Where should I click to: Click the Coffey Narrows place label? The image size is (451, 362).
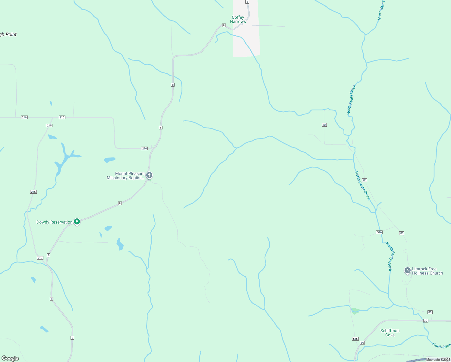pyautogui.click(x=238, y=19)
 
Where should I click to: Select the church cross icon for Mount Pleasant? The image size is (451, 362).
pyautogui.click(x=149, y=175)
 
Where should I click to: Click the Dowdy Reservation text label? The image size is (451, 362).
pyautogui.click(x=54, y=222)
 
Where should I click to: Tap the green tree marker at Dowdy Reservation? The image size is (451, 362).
pyautogui.click(x=77, y=222)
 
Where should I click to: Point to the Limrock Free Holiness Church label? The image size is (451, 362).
pyautogui.click(x=427, y=271)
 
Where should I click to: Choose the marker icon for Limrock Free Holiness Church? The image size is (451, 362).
pyautogui.click(x=408, y=271)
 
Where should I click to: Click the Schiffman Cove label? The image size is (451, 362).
pyautogui.click(x=390, y=333)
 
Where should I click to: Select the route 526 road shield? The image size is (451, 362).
pyautogui.click(x=379, y=232)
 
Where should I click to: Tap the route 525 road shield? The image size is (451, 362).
pyautogui.click(x=355, y=339)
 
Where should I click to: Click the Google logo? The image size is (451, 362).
pyautogui.click(x=10, y=358)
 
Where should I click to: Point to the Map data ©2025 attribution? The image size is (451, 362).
pyautogui.click(x=438, y=360)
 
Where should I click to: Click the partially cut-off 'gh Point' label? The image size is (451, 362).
pyautogui.click(x=8, y=34)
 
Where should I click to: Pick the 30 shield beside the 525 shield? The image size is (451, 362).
pyautogui.click(x=362, y=343)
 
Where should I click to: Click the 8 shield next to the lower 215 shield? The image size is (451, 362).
pyautogui.click(x=49, y=255)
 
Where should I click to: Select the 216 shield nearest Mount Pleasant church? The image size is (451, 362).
pyautogui.click(x=144, y=148)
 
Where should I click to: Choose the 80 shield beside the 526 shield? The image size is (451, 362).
pyautogui.click(x=402, y=233)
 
